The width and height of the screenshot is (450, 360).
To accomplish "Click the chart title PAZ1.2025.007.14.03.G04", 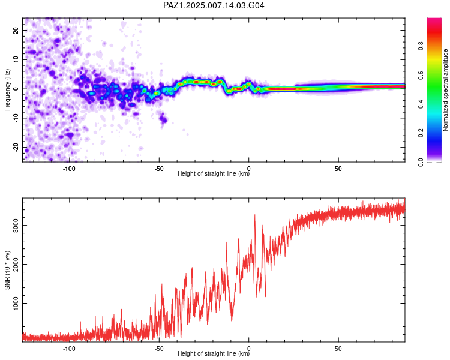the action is [214, 5].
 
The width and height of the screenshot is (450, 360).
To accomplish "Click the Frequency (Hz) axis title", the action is [7, 90].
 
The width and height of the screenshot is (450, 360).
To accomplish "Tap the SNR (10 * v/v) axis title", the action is [7, 270].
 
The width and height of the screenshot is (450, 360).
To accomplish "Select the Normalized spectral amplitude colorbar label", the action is [445, 90].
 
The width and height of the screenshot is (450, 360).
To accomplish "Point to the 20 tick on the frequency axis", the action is [16, 30].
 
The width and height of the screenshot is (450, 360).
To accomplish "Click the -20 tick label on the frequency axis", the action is [16, 147].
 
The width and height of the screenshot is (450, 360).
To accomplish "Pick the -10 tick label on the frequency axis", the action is [16, 118].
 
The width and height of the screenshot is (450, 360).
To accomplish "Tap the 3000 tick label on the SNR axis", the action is [16, 226].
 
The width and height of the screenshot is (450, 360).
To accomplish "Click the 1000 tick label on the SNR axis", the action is [16, 303].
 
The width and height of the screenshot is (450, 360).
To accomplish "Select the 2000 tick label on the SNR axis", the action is [16, 265].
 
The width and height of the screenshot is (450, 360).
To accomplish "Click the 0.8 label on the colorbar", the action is [421, 46].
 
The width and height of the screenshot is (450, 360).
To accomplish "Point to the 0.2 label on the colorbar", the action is [421, 133].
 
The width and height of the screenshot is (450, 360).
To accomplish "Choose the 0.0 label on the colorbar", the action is [421, 162].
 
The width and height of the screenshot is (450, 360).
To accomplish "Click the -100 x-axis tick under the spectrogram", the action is [69, 169].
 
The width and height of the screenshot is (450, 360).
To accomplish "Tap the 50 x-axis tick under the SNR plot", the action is [338, 349].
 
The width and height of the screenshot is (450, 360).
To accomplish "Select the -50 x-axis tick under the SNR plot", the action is [159, 349].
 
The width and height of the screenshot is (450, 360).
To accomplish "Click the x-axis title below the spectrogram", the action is [214, 173].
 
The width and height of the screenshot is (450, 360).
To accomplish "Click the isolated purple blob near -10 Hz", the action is [163, 118].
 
